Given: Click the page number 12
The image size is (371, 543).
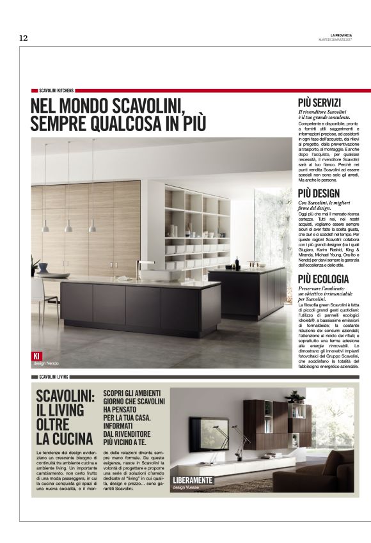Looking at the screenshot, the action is [x=24, y=38].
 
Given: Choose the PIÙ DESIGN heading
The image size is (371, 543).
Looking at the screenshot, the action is [x=319, y=193].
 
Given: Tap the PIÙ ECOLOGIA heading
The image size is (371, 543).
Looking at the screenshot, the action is [x=323, y=279].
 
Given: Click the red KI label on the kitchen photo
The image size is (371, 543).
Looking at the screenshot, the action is [x=36, y=356].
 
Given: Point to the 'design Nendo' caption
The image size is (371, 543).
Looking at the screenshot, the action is [x=45, y=363].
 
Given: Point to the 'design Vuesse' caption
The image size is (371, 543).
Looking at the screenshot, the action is [x=185, y=488].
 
